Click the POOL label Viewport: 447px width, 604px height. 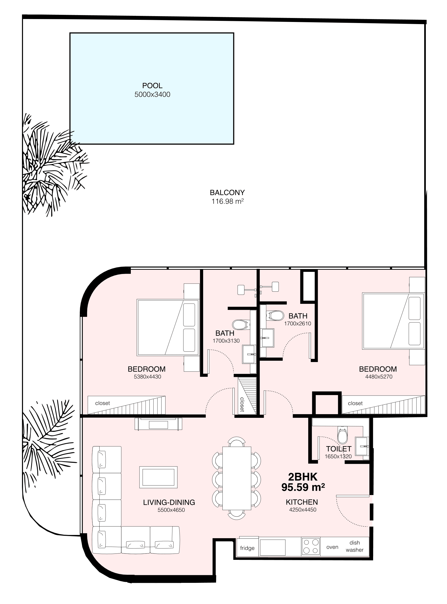click(x=152, y=86)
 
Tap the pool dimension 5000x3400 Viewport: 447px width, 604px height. click(x=152, y=95)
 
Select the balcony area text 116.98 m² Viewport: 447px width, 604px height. click(x=227, y=201)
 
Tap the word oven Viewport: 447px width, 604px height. click(x=332, y=547)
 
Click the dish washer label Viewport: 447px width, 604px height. click(x=355, y=546)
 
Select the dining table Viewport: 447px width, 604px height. click(x=237, y=478)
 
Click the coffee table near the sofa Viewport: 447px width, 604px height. click(x=158, y=477)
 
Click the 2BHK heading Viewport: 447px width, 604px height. click(x=303, y=477)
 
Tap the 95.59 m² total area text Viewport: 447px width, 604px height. click(x=303, y=487)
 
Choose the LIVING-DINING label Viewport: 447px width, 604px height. click(x=169, y=502)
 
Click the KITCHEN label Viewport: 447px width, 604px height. click(x=302, y=502)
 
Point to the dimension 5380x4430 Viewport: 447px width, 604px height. click(x=147, y=377)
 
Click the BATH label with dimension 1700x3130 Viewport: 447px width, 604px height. click(x=225, y=333)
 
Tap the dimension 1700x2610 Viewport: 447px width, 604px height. click(x=298, y=323)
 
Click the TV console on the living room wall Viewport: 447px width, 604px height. click(x=158, y=424)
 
